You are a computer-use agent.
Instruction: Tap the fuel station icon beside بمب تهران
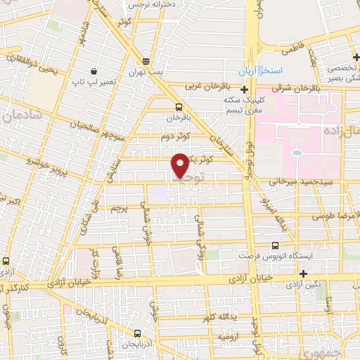(x=146, y=61)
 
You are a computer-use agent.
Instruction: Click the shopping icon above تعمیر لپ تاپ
(x=94, y=70)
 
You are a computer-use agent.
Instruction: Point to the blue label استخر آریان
(x=279, y=72)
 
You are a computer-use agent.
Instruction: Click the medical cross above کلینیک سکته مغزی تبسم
(x=244, y=89)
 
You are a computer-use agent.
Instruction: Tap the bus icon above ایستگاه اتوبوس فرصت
(x=274, y=245)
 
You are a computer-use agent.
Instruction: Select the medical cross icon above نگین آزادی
(x=303, y=274)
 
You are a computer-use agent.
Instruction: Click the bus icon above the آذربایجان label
(x=136, y=334)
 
